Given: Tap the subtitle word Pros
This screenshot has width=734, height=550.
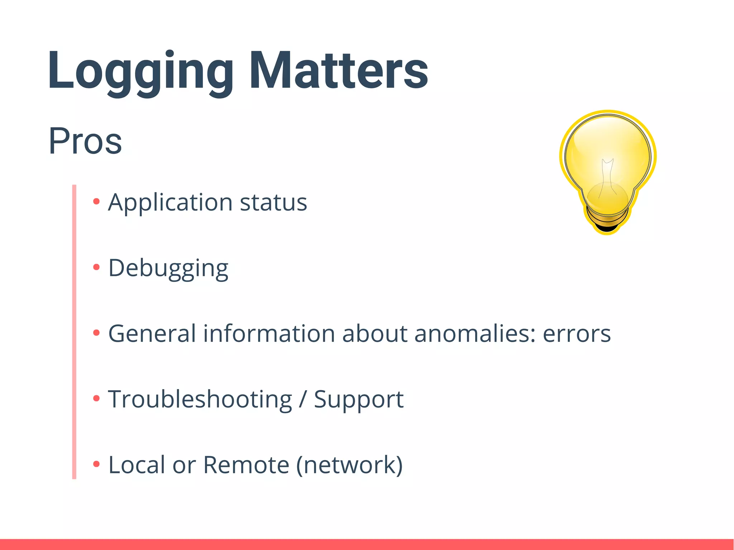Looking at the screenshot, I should coord(85,141).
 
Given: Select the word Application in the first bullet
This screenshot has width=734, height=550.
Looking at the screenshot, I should coord(170,202).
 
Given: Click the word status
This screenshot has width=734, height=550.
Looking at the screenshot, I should coord(273,202).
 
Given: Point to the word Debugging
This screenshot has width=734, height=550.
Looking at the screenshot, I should coord(168,268).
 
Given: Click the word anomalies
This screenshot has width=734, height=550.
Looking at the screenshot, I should coord(475,334).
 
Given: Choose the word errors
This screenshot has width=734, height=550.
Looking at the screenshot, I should coord(577,334).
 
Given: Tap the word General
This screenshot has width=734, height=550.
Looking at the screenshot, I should coord(152,334).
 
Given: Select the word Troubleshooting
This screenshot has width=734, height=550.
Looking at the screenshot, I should coord(200,399).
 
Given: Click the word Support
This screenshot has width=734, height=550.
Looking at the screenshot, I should coord(359,399).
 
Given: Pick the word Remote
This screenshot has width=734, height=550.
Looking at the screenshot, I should coord(246,465).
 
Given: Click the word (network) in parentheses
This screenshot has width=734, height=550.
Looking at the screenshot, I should coord(349,465).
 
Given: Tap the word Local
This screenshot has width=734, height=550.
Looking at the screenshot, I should coord(137,465).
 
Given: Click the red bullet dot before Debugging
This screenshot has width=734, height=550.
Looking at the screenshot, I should coord(96,267).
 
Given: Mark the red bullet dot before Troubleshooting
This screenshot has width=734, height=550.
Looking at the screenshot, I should coord(96,398).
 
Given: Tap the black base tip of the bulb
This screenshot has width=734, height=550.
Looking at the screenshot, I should coord(607,229).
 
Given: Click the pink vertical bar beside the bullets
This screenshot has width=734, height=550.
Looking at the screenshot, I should coord(74,332).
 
